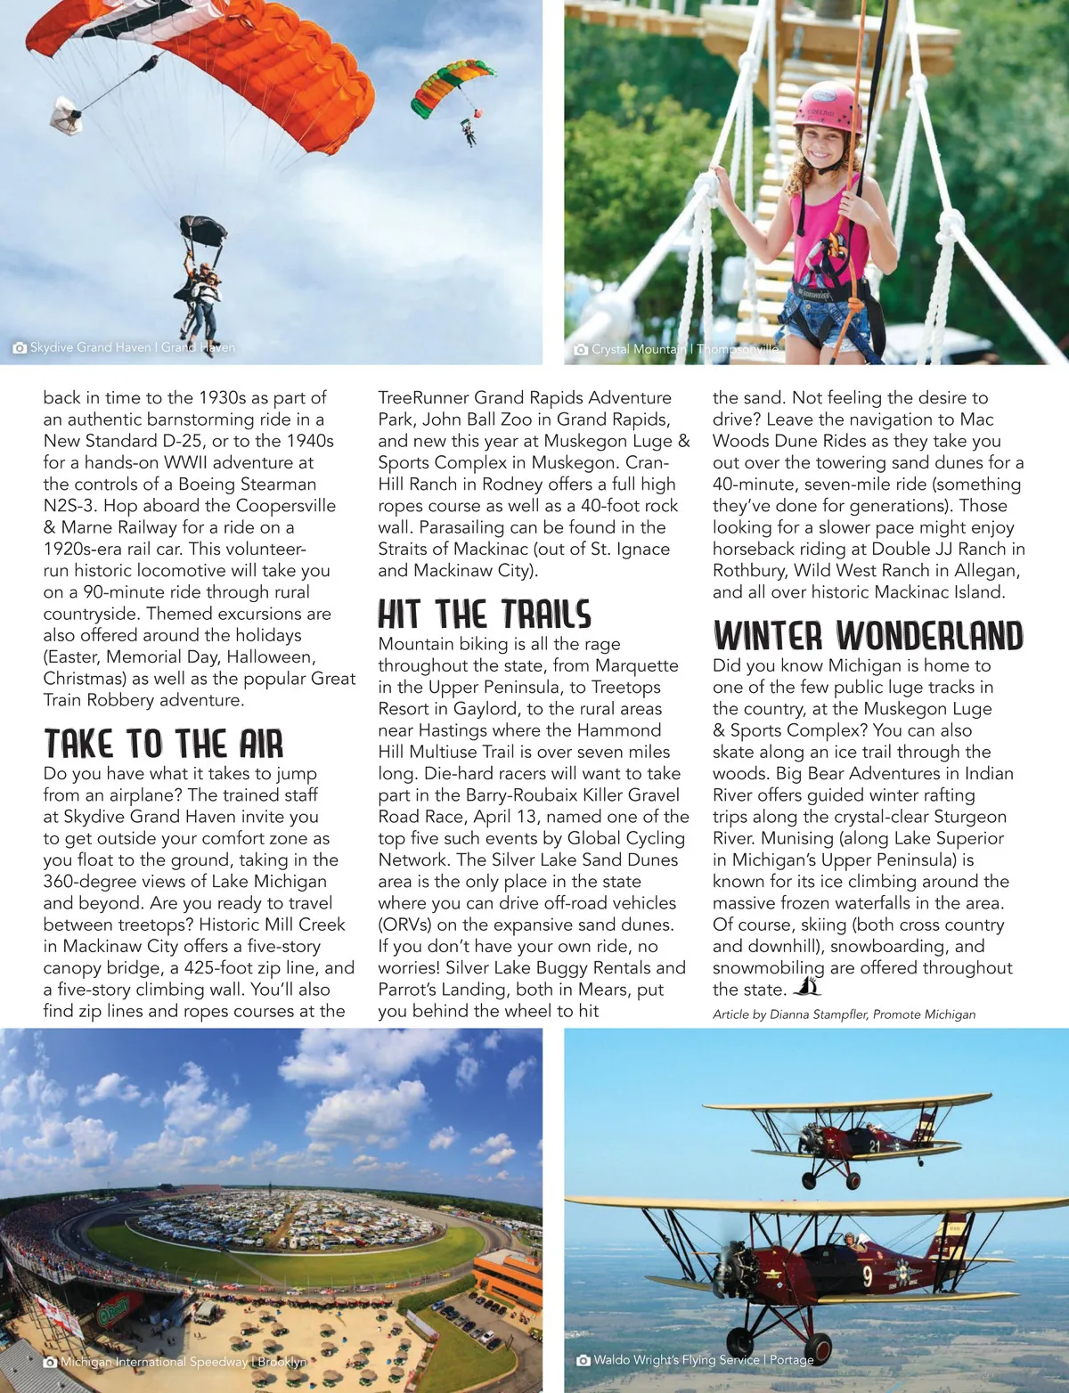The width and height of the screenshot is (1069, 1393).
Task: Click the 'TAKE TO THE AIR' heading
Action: pos(163,744)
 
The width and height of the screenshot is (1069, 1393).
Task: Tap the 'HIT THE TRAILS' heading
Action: pos(484,615)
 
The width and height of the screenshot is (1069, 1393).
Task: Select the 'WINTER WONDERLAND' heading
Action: pos(868,636)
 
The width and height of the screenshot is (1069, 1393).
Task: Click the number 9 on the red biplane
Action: pos(868,1277)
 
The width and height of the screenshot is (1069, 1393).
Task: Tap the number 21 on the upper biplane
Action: pos(874,1146)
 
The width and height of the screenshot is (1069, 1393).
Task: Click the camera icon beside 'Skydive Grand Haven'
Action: pos(20,347)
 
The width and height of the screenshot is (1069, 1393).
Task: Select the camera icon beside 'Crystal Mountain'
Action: pos(581,349)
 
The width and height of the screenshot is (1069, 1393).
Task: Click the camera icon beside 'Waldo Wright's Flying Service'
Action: pos(583,1360)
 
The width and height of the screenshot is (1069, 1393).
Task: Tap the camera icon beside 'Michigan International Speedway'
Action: pos(51,1362)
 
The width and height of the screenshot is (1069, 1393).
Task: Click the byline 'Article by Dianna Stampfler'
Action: pos(844,1014)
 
